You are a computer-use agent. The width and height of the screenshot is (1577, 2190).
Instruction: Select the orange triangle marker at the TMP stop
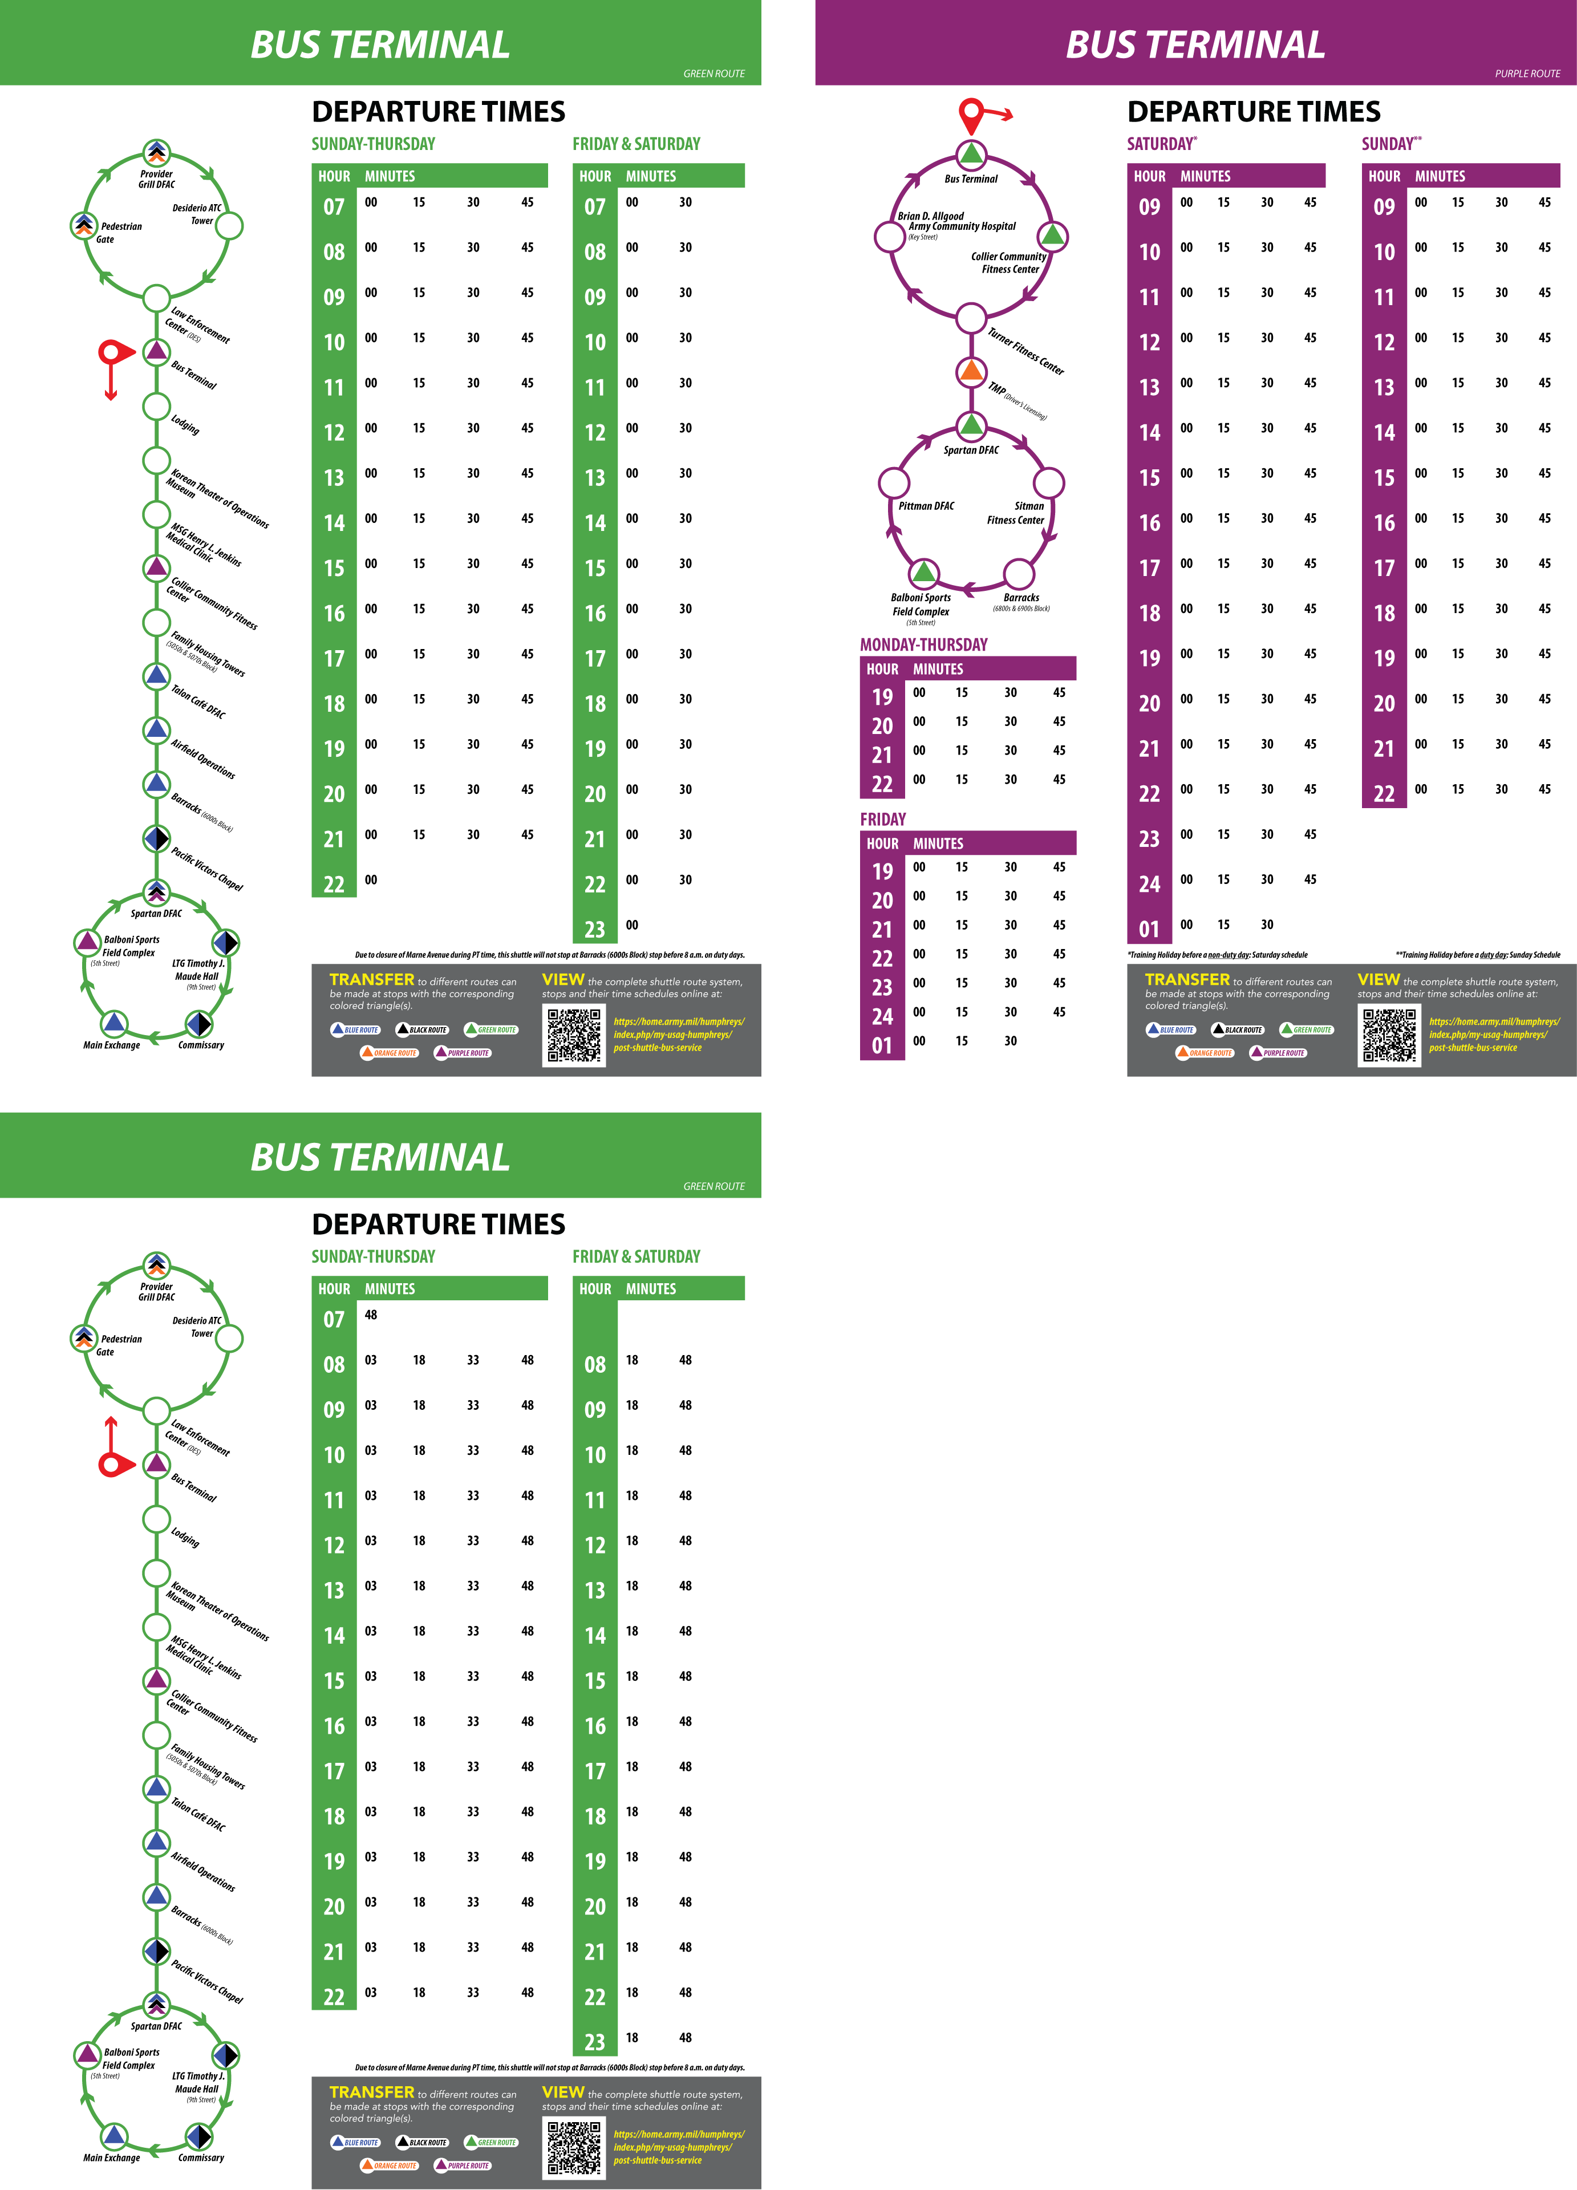971,371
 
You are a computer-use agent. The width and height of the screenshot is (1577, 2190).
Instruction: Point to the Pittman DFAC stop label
926,506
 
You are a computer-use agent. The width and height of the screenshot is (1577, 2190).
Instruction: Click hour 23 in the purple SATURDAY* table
1149,839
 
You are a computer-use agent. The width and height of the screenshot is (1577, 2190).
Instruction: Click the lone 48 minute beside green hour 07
371,1315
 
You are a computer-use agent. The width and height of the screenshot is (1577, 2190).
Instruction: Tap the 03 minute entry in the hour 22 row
371,1992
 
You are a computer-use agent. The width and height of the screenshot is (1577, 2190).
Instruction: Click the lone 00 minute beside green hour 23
631,925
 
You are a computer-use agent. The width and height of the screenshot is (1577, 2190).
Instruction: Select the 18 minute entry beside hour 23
631,2037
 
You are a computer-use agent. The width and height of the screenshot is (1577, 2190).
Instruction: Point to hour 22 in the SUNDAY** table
1384,794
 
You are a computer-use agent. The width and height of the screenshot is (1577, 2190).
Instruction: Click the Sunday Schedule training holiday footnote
1478,955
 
